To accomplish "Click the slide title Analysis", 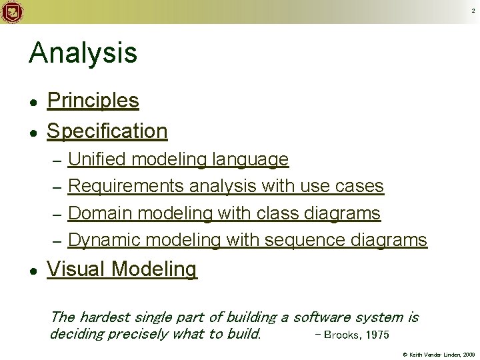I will [x=83, y=53].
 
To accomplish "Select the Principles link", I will [x=93, y=101].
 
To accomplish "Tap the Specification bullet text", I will [x=107, y=131].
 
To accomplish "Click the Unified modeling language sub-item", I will [x=179, y=159].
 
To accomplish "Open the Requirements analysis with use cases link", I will [x=226, y=186].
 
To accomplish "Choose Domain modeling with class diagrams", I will [x=225, y=213].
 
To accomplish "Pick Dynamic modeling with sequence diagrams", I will [x=247, y=240].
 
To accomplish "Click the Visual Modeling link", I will [x=122, y=269].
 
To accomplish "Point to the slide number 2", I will [x=473, y=11].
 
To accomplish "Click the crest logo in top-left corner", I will [x=11, y=11].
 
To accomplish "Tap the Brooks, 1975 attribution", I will [x=351, y=334].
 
